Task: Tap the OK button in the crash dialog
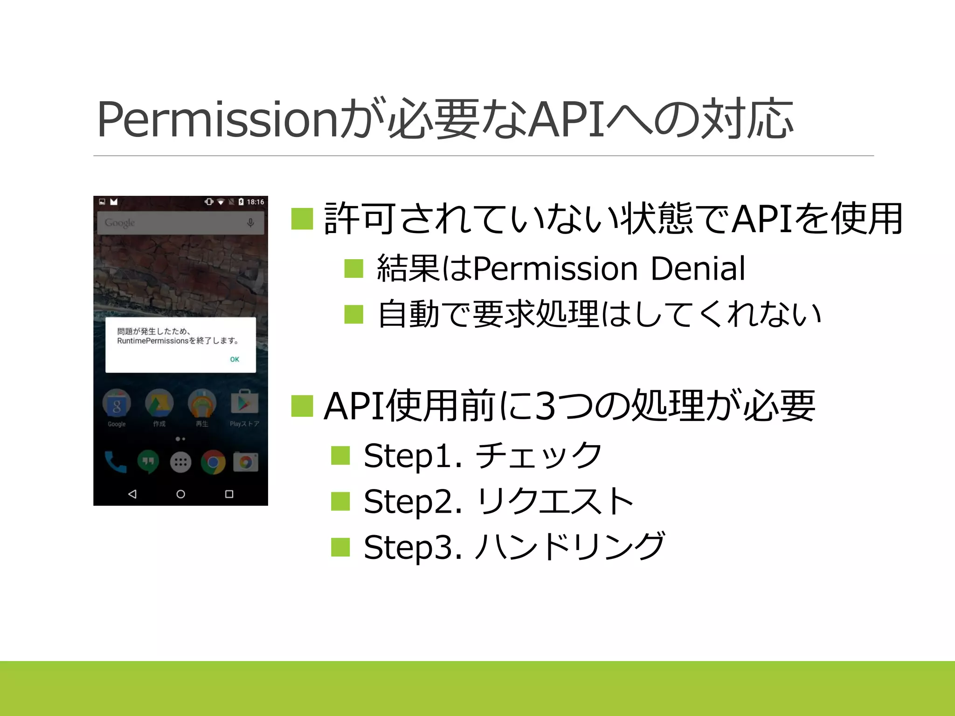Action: tap(235, 359)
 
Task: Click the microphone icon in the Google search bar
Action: tap(250, 223)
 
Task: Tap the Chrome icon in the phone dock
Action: tap(213, 462)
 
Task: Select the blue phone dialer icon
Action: tap(115, 462)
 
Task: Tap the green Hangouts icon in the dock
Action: tap(148, 462)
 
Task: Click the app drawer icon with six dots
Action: tap(180, 462)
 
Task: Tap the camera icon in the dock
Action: tap(246, 462)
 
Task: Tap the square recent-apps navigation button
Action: tap(229, 494)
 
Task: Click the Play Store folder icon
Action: tap(244, 403)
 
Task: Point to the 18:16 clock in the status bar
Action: tap(256, 202)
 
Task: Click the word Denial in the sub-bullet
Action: tap(698, 269)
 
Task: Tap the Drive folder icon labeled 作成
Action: tap(159, 403)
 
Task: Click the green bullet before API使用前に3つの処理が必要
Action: tap(302, 406)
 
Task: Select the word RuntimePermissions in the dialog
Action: tap(152, 341)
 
